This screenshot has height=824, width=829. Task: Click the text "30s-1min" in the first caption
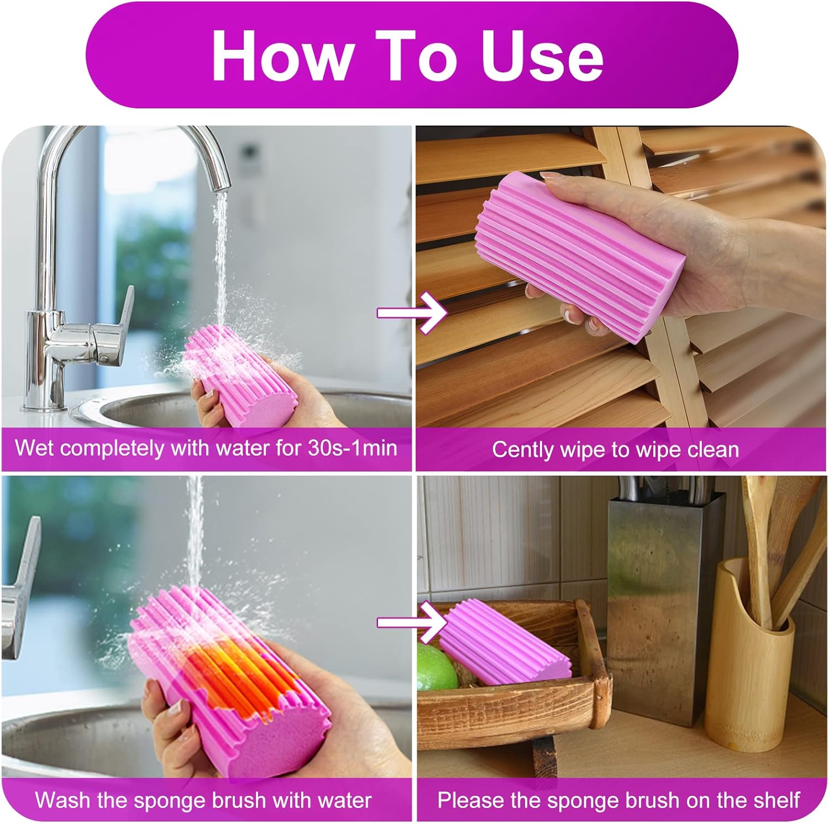pos(353,447)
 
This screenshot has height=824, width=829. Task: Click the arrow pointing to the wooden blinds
pos(412,313)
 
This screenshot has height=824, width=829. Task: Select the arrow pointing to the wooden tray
pos(412,623)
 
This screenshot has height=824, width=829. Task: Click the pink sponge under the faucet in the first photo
pos(238,376)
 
